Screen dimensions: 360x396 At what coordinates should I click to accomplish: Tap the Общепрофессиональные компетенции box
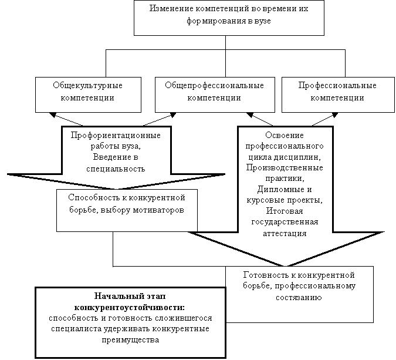(214, 92)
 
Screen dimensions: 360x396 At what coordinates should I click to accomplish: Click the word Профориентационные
(116, 136)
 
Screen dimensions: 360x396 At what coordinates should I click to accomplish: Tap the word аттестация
(285, 233)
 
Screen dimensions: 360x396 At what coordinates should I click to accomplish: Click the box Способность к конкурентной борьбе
(127, 203)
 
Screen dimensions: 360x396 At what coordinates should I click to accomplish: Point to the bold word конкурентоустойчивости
(130, 307)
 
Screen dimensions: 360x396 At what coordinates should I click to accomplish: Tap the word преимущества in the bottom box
(130, 339)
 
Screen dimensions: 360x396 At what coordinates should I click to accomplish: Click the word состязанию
(300, 297)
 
